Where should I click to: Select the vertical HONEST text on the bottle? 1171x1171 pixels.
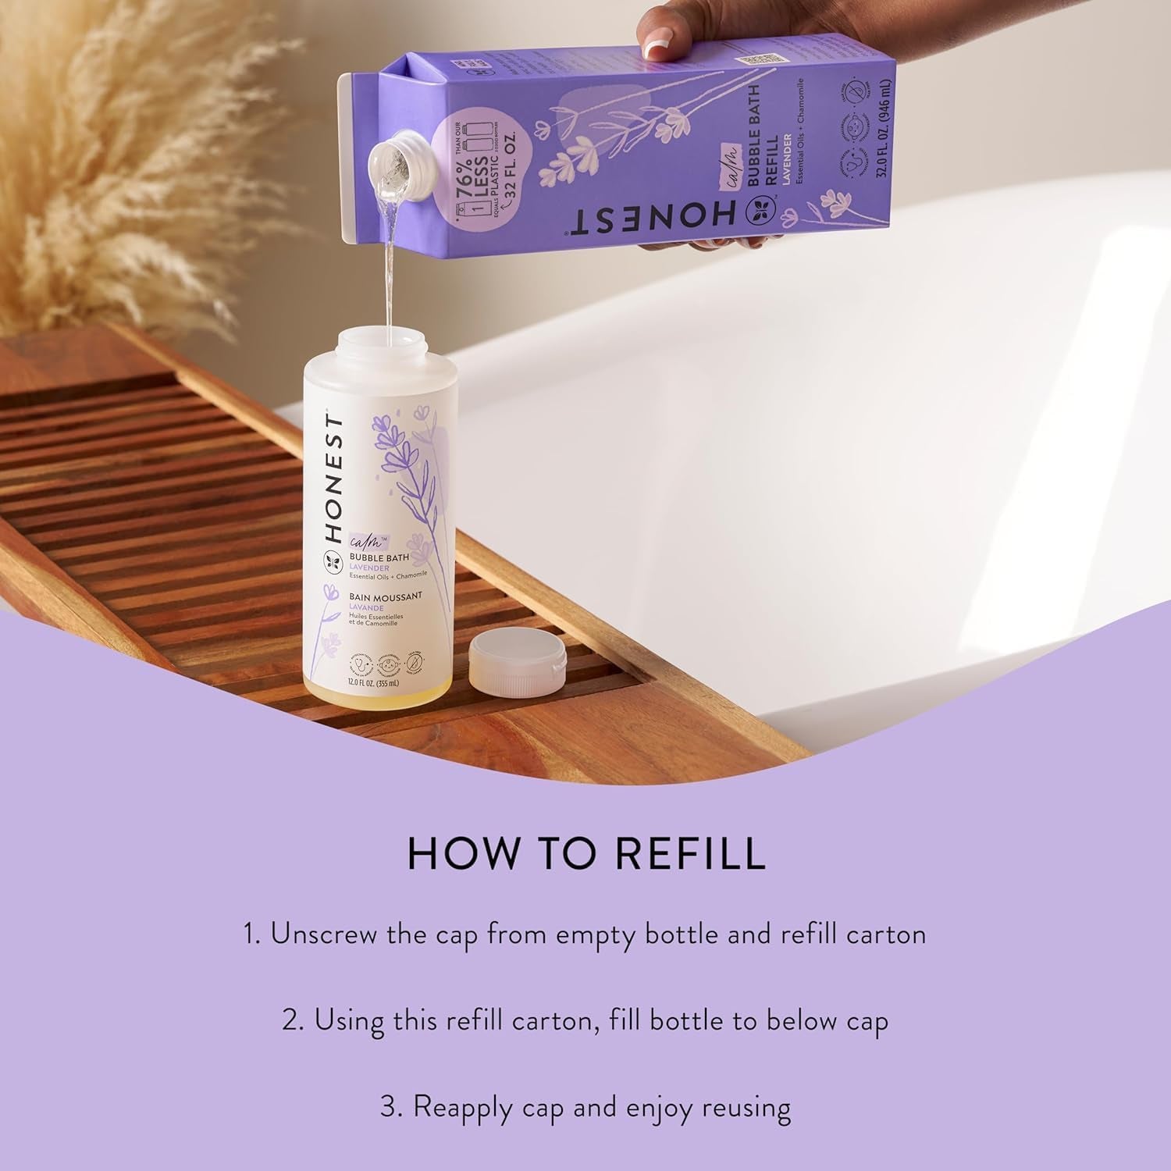pyautogui.click(x=333, y=480)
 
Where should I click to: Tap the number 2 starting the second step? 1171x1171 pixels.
pyautogui.click(x=290, y=1020)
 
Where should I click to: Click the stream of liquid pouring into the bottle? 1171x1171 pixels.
pyautogui.click(x=386, y=273)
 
